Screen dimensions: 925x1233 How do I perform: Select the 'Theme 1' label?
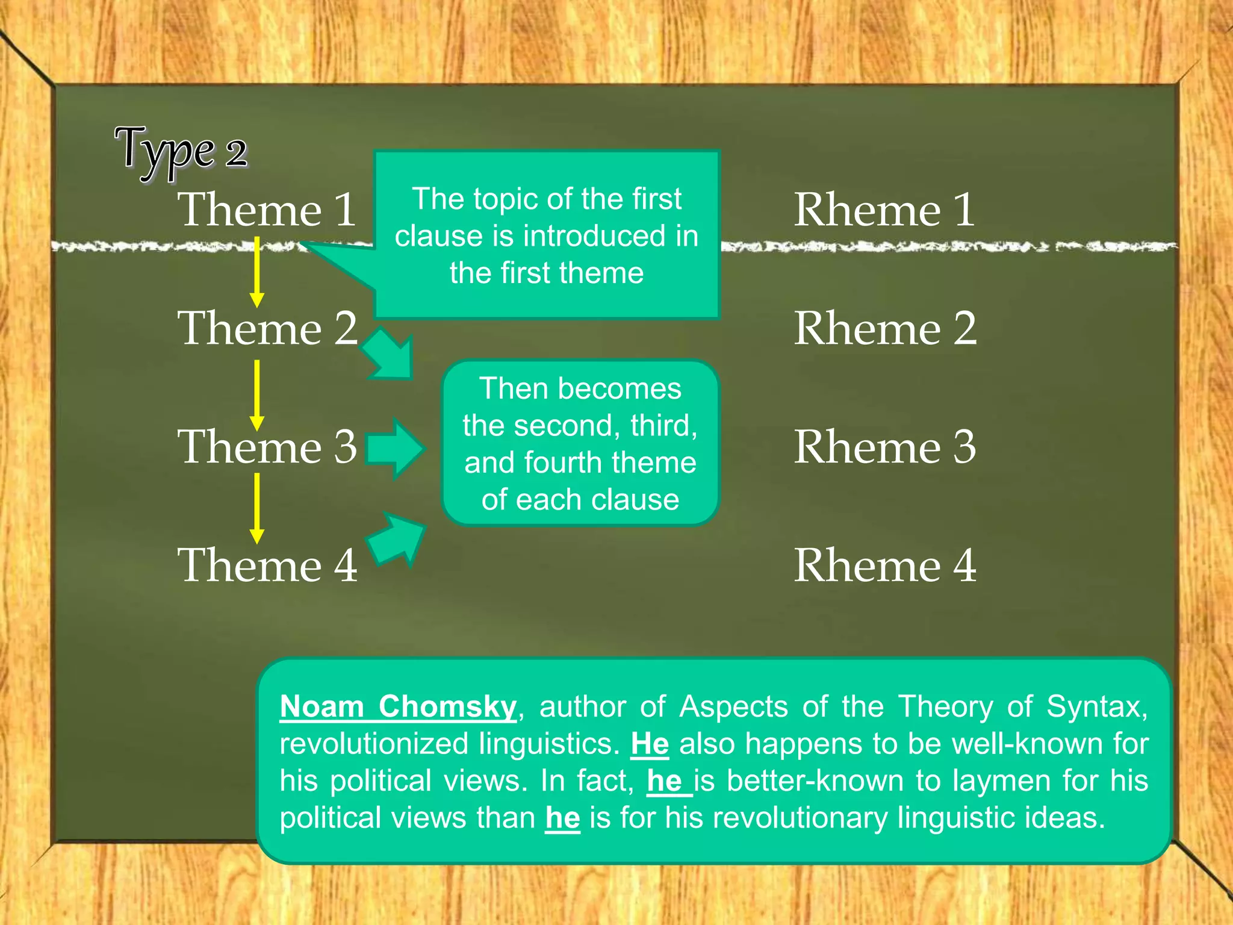(x=267, y=210)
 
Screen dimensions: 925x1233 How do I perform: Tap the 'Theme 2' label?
(x=267, y=328)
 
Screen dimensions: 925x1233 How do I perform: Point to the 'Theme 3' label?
(x=267, y=447)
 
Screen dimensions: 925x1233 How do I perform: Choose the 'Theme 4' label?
(x=267, y=565)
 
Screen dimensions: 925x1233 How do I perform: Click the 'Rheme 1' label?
(x=884, y=210)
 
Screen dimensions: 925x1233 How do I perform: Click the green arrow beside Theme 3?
(x=395, y=449)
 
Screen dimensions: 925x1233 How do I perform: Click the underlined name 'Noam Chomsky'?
(x=398, y=706)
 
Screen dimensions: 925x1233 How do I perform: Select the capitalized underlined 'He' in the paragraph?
(x=650, y=744)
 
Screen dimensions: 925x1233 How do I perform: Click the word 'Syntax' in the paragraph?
(x=1096, y=706)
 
